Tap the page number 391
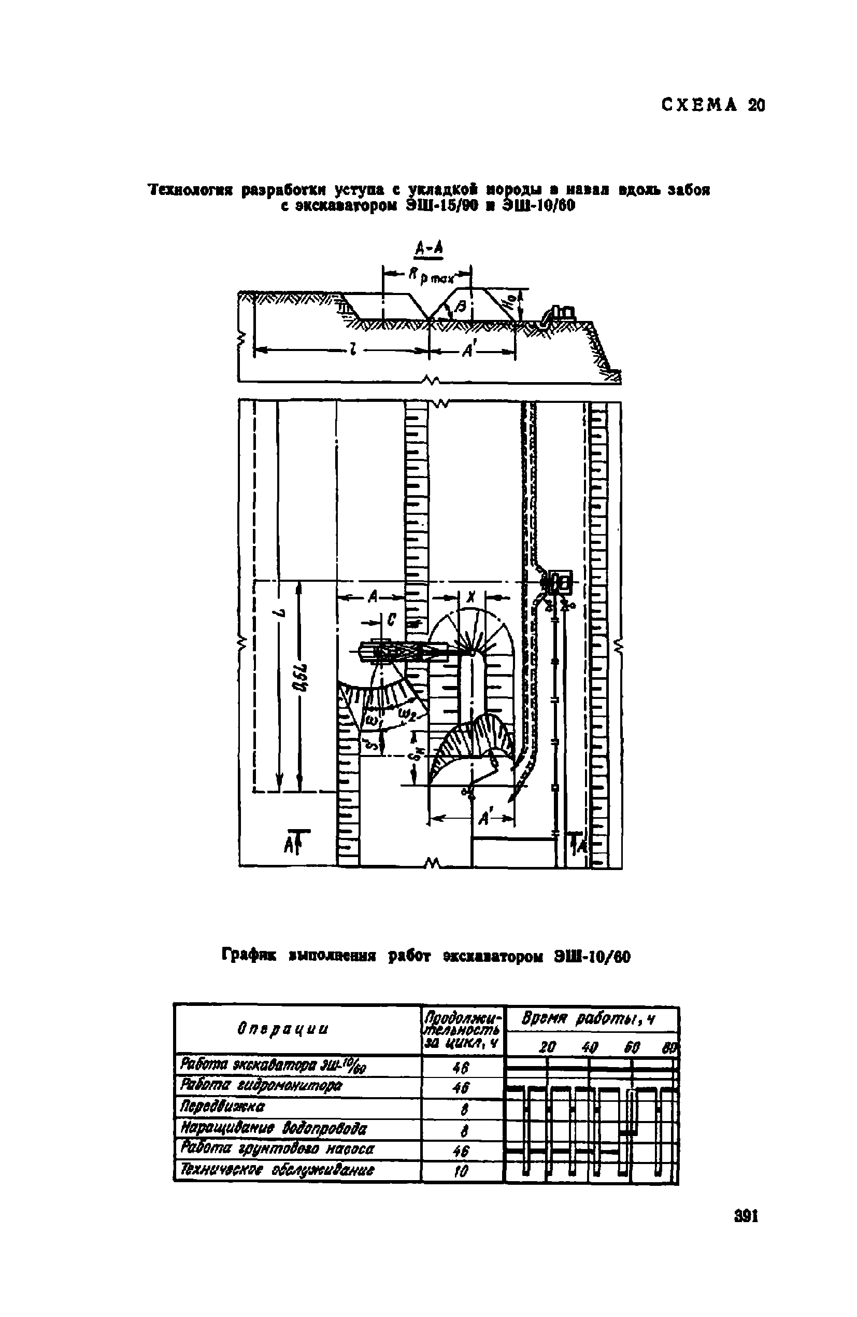coord(746,1216)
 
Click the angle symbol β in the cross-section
coord(462,306)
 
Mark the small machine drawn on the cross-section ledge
coord(560,315)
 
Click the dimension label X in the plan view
coord(471,596)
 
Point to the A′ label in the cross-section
coord(469,351)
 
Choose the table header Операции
coord(282,1029)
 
